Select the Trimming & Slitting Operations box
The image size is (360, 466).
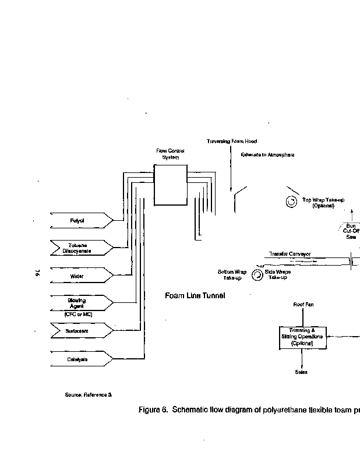[301, 337]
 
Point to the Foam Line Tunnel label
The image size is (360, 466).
[195, 296]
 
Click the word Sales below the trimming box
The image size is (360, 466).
[301, 372]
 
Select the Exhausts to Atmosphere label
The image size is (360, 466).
[268, 155]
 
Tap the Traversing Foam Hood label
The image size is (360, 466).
[232, 141]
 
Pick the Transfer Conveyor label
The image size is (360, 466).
[290, 254]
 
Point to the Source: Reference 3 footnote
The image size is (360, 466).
[88, 394]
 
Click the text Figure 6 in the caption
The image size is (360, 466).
[153, 410]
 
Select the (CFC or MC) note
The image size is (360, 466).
[79, 314]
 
